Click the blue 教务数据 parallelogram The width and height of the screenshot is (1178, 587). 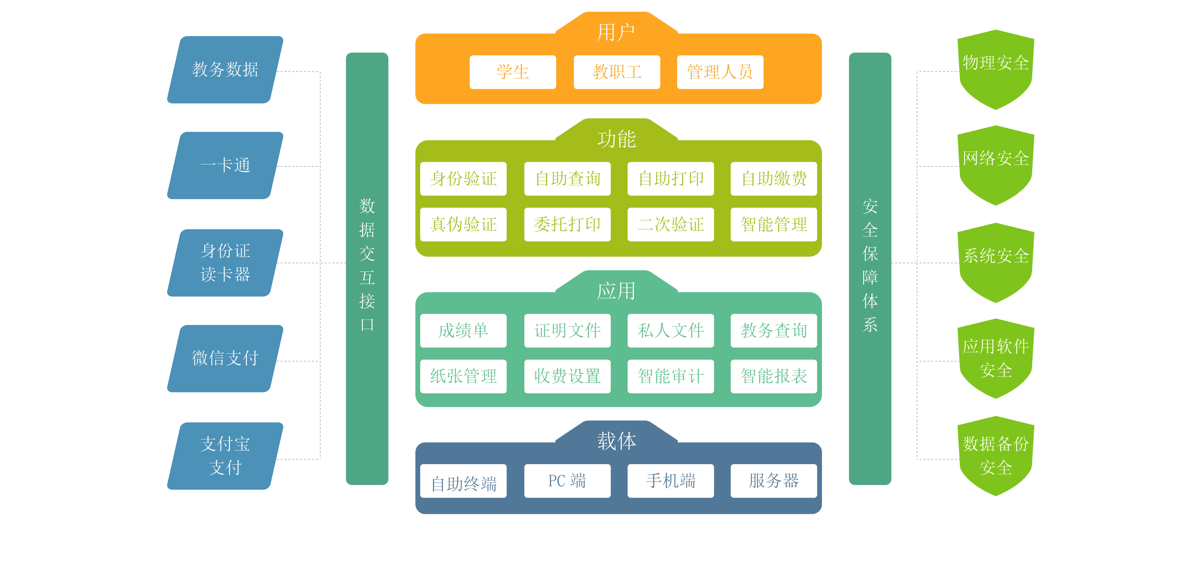pos(225,70)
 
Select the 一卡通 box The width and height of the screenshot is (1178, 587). pos(225,165)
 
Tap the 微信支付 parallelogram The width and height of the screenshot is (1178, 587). pos(225,358)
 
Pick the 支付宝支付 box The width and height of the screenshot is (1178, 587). pos(225,456)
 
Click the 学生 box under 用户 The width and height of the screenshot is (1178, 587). pos(513,72)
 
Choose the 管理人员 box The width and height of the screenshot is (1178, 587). pos(720,72)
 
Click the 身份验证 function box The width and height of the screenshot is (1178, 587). pos(463,179)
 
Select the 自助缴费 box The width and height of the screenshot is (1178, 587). pos(774,179)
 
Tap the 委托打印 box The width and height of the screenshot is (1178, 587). pos(567,224)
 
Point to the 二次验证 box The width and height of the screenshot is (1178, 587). pos(670,224)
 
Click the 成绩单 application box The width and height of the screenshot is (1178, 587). pos(463,330)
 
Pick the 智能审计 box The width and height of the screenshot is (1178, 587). pos(670,376)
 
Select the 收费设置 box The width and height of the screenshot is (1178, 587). pos(567,376)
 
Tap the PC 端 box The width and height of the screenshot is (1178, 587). pos(567,481)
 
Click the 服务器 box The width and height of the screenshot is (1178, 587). pos(774,481)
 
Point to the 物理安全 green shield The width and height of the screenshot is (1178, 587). pos(996,69)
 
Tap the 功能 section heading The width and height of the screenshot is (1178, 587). pos(616,139)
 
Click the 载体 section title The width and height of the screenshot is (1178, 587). pos(616,441)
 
